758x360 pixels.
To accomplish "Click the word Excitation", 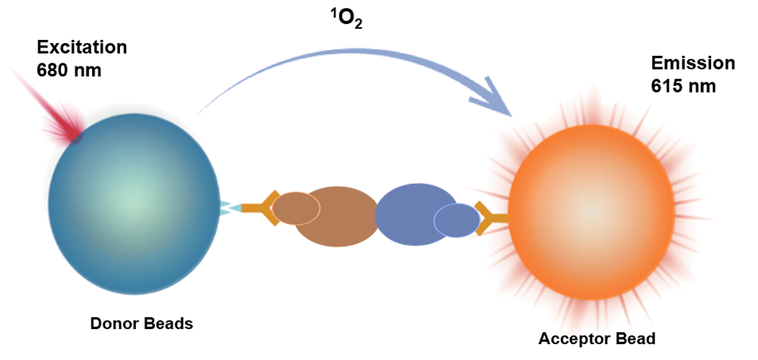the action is click(x=82, y=48).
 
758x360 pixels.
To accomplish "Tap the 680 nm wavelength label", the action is click(x=69, y=70).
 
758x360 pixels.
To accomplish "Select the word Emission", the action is click(x=693, y=63).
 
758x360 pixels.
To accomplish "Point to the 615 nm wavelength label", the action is click(x=683, y=86).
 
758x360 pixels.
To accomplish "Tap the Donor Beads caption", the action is click(x=142, y=323).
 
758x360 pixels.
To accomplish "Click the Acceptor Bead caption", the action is click(x=597, y=339).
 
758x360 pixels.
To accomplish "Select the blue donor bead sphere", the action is click(x=134, y=203).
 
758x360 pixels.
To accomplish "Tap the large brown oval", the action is click(x=337, y=217).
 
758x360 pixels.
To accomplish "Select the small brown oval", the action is click(x=296, y=208).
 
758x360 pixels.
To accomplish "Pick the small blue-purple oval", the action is click(x=457, y=220).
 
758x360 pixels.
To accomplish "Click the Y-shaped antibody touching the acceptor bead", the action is click(x=489, y=218).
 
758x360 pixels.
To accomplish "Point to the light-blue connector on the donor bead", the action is click(x=230, y=208).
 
